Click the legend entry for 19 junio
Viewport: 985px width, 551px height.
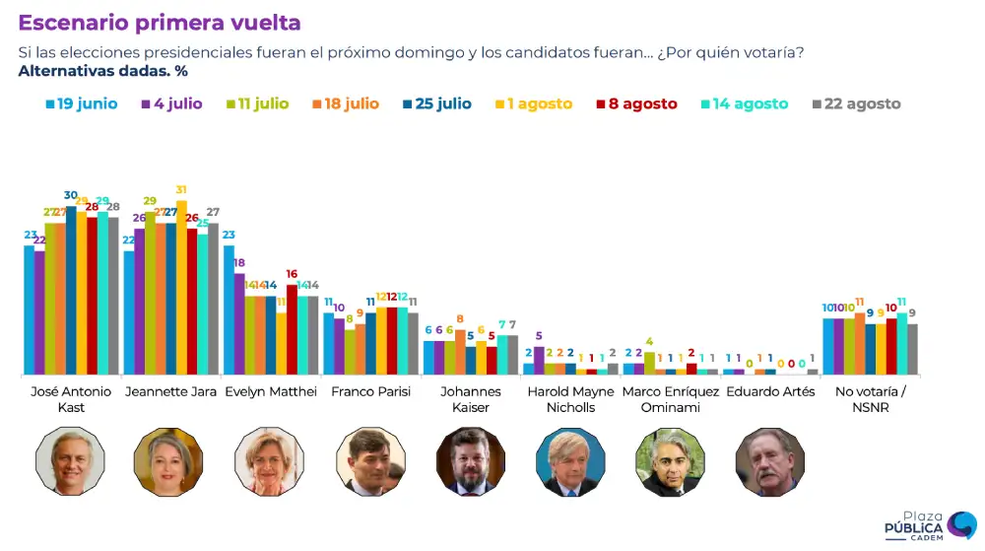pos(82,103)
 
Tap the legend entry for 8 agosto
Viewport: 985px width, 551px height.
pos(635,103)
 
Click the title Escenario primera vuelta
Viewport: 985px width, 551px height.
pos(160,23)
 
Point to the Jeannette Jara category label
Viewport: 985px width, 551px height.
pos(170,391)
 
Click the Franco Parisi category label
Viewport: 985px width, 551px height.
pos(370,391)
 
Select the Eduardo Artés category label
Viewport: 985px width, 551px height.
pos(770,391)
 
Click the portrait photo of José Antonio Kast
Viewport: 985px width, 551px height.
pos(70,461)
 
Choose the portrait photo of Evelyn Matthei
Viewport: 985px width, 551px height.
pos(270,461)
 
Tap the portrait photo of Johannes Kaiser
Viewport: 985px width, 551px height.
pos(470,461)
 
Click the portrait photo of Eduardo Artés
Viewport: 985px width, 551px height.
pos(769,461)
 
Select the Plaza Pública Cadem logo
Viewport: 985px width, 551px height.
pos(929,525)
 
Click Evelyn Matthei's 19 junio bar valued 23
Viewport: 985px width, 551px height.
pos(229,310)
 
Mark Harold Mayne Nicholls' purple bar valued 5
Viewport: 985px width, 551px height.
pos(539,361)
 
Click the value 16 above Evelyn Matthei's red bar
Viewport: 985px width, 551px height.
pos(292,274)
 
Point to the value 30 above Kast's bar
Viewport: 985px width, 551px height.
pos(71,195)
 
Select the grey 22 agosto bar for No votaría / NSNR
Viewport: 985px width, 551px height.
pos(912,349)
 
